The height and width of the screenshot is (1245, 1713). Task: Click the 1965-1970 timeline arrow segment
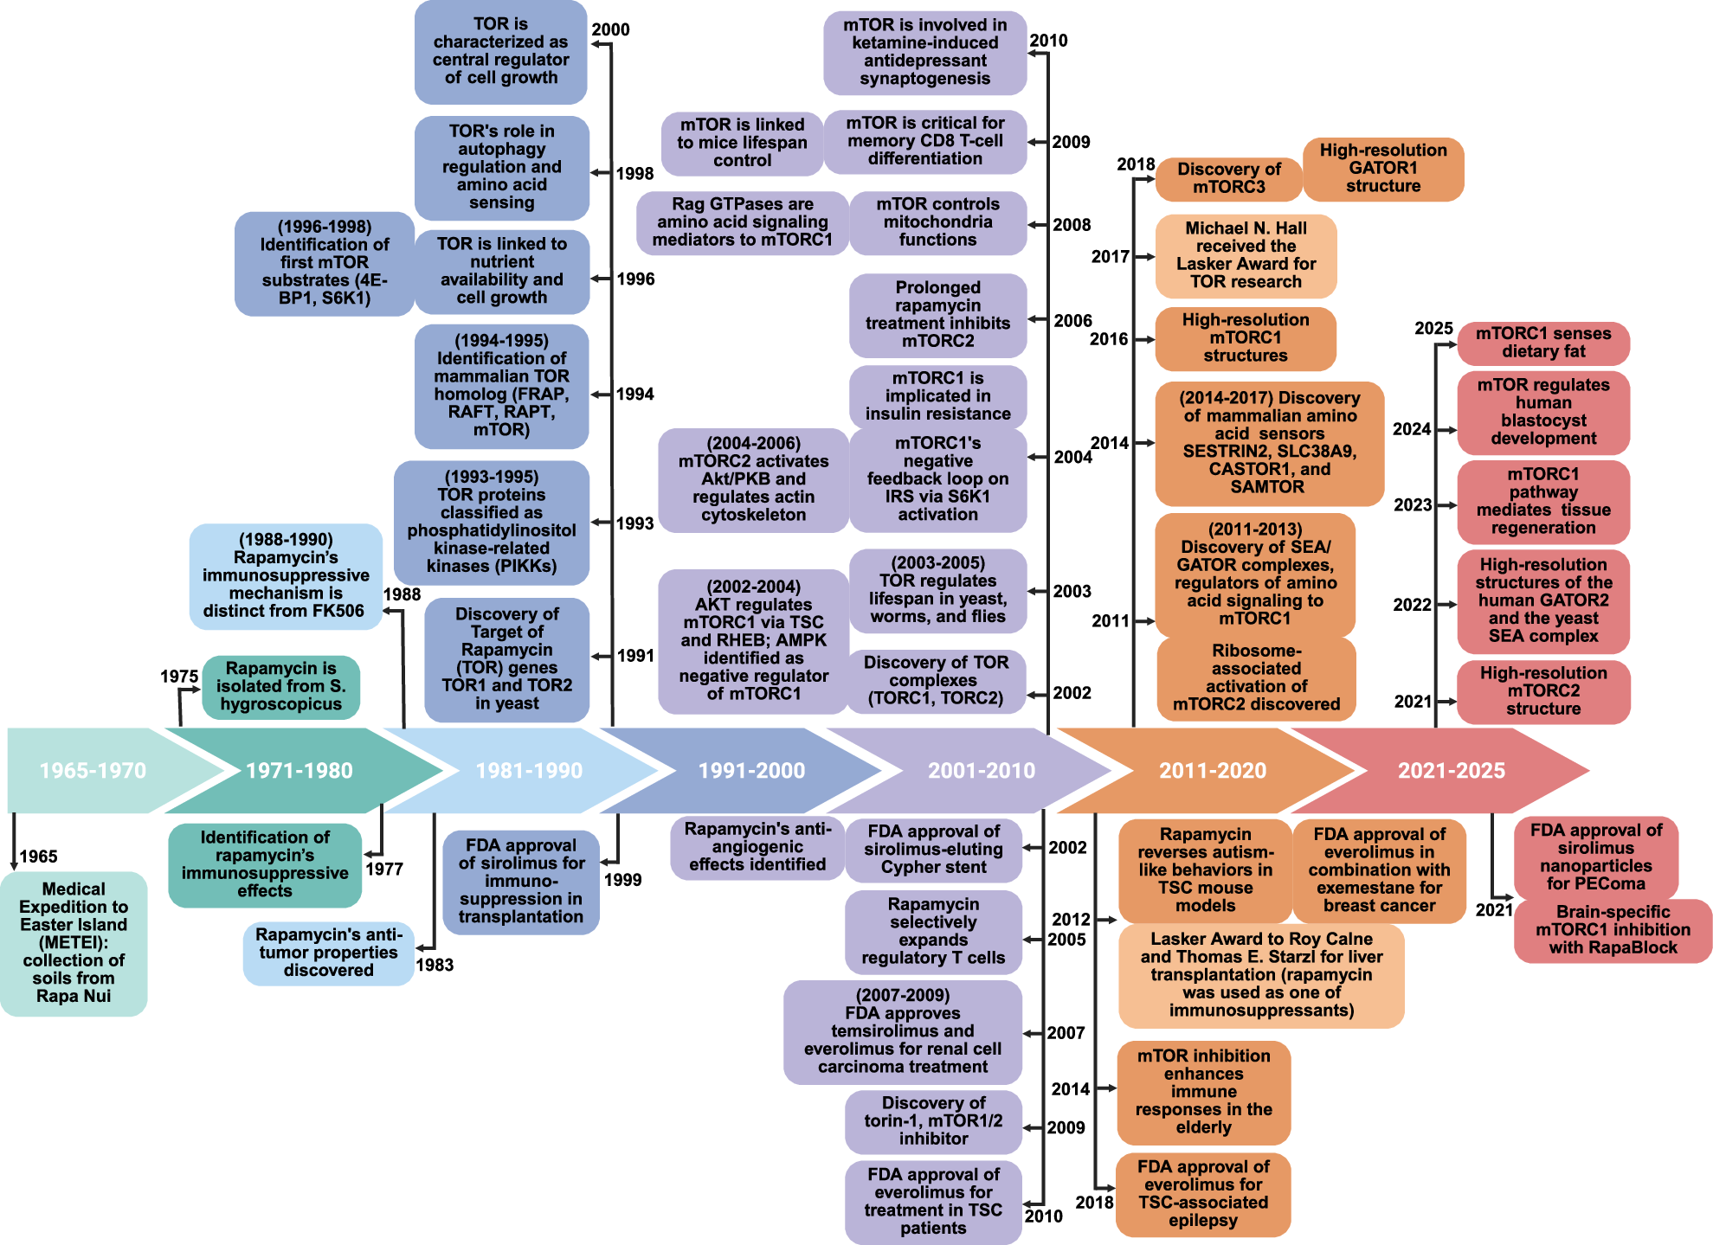[95, 770]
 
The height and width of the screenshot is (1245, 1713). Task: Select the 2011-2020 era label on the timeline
[1213, 770]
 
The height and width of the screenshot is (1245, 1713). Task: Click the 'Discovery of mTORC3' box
[1229, 178]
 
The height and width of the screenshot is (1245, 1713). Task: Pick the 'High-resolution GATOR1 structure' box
[1383, 169]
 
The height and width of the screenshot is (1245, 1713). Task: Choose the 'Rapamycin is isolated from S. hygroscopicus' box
[281, 687]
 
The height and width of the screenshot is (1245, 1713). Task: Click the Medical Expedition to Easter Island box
[74, 943]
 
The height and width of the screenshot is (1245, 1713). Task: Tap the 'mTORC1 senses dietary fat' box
[1543, 343]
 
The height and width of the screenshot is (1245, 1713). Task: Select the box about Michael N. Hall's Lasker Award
[1246, 256]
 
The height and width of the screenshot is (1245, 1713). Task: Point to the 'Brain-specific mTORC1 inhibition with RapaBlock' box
[1613, 931]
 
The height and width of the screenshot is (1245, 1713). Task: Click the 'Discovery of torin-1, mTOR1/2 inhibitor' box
[933, 1122]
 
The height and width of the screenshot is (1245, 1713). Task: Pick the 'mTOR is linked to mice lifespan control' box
[742, 144]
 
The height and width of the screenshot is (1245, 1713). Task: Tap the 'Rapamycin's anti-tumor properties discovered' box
[329, 953]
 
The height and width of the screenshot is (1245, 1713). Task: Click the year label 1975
[179, 677]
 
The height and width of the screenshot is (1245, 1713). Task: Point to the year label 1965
[38, 857]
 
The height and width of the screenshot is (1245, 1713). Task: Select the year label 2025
[1433, 329]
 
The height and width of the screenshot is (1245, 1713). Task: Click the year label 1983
[435, 966]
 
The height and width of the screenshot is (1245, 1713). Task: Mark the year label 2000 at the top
[610, 29]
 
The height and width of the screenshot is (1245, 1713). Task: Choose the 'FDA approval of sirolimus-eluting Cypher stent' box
[933, 850]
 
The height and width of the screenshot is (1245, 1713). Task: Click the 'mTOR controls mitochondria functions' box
[938, 223]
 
